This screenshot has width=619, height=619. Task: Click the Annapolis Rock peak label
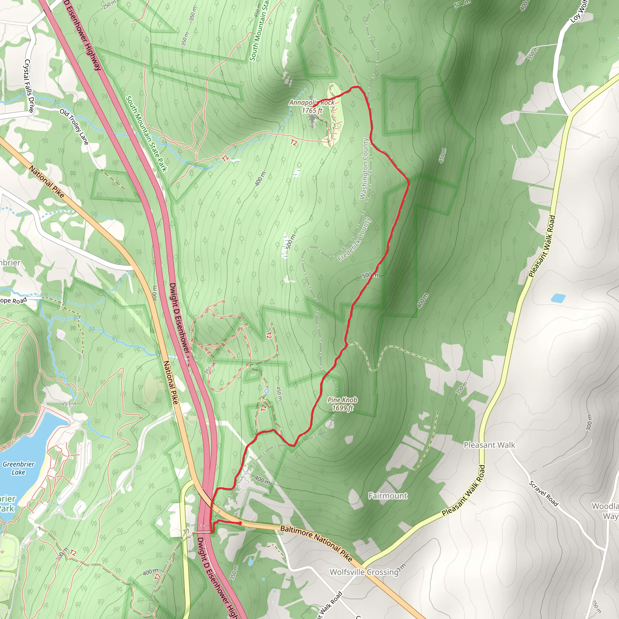click(x=311, y=102)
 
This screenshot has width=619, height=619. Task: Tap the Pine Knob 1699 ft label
click(x=342, y=404)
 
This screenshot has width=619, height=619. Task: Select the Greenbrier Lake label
click(x=18, y=468)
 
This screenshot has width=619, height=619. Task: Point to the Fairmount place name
click(x=388, y=496)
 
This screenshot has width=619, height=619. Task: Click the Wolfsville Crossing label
click(x=364, y=572)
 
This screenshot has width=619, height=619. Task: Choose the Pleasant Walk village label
click(x=489, y=445)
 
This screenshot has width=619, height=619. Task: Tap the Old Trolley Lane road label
click(x=74, y=127)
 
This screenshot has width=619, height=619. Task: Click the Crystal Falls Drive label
click(x=29, y=86)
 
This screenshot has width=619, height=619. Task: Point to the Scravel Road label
click(x=543, y=493)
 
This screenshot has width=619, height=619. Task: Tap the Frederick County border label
click(x=354, y=239)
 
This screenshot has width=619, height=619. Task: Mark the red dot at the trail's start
click(x=240, y=523)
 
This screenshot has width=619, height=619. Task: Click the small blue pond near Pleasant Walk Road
click(x=558, y=298)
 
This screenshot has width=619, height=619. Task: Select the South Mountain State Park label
click(x=146, y=134)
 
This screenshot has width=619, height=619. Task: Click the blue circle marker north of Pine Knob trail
click(x=267, y=391)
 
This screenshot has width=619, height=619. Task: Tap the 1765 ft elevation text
click(x=312, y=111)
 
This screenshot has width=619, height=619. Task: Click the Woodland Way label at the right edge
click(x=605, y=511)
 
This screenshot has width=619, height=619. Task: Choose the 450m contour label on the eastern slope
click(x=442, y=155)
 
